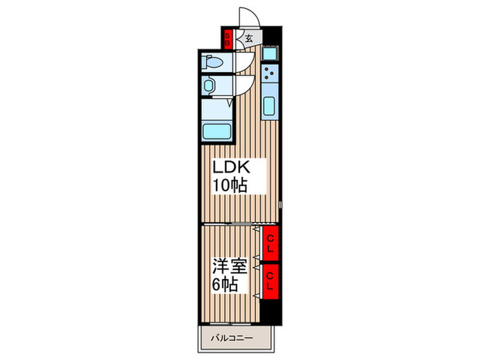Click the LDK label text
pyautogui.click(x=232, y=167)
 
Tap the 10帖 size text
pyautogui.click(x=230, y=185)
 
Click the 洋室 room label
pyautogui.click(x=230, y=266)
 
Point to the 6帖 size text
pyautogui.click(x=225, y=285)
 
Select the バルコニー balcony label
pyautogui.click(x=232, y=338)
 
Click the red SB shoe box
pyautogui.click(x=228, y=39)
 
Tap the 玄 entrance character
pyautogui.click(x=249, y=38)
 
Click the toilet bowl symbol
pyautogui.click(x=213, y=62)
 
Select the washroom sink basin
pyautogui.click(x=208, y=86)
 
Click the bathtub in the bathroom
pyautogui.click(x=217, y=132)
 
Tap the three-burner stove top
pyautogui.click(x=269, y=73)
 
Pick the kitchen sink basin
pyautogui.click(x=269, y=106)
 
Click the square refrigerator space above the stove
pyautogui.click(x=270, y=54)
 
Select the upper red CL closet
pyautogui.click(x=269, y=243)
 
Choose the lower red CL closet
pyautogui.click(x=269, y=282)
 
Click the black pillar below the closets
pyautogui.click(x=270, y=311)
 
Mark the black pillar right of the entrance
pyautogui.click(x=272, y=36)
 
